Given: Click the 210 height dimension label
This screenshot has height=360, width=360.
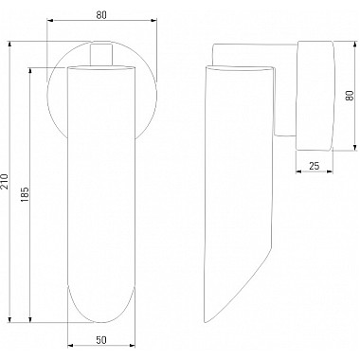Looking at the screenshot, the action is (5, 181).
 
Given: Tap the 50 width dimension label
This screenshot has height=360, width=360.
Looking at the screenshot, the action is (101, 340).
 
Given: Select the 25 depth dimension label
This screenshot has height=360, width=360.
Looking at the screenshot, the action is (314, 166).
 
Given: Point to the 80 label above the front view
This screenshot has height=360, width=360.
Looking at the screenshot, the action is (101, 15).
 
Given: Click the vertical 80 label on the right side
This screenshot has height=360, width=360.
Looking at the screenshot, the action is (350, 96).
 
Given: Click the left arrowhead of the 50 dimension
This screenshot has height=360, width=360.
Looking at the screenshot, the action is (71, 346).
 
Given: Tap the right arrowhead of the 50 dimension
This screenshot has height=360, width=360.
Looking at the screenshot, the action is (132, 346).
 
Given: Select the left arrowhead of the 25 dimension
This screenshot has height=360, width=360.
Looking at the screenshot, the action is (298, 171).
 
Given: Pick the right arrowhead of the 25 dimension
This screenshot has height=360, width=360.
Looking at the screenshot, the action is (330, 171).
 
